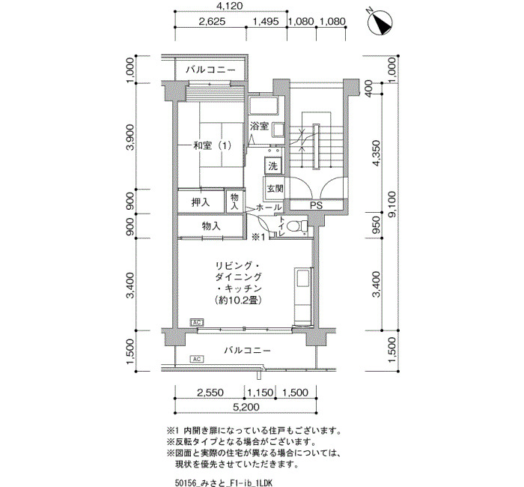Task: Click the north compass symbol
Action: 380,22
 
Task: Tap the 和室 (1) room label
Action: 212,145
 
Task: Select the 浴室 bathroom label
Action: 260,126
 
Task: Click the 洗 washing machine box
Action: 273,166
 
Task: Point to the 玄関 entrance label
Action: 275,188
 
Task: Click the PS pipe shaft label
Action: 316,205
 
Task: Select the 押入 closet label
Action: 201,202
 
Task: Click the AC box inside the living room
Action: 197,322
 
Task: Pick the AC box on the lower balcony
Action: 197,359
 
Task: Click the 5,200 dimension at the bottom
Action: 246,407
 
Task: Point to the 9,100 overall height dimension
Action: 392,205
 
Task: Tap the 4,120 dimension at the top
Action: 229,6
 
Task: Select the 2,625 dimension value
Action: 212,22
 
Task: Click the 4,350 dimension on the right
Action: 377,153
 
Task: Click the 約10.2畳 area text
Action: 238,300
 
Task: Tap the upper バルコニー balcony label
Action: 210,70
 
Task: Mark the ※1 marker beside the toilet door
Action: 258,238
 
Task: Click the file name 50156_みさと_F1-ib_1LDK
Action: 224,483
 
